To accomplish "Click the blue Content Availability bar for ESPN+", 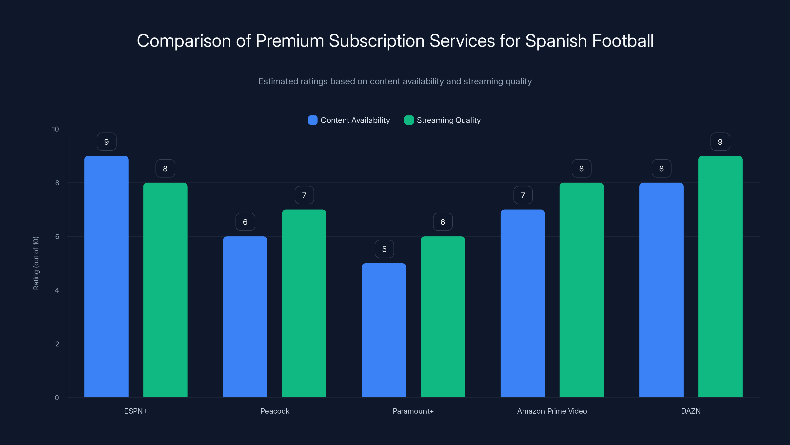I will (x=106, y=276).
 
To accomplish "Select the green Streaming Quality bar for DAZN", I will (x=720, y=276).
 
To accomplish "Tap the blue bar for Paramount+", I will (x=384, y=330).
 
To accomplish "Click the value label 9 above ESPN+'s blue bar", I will (x=106, y=142).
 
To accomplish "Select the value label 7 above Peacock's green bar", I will (x=304, y=195).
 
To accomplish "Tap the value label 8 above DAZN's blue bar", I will (x=661, y=169).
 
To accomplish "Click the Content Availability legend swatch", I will (x=313, y=120).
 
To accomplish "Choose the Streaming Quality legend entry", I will (x=448, y=120).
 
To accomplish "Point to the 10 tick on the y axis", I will (x=56, y=129).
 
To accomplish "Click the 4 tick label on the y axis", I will (x=57, y=290).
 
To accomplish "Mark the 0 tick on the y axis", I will (x=57, y=398).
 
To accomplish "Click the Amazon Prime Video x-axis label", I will (x=552, y=411).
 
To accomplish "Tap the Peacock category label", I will (x=275, y=411).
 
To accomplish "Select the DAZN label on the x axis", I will (x=691, y=411).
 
